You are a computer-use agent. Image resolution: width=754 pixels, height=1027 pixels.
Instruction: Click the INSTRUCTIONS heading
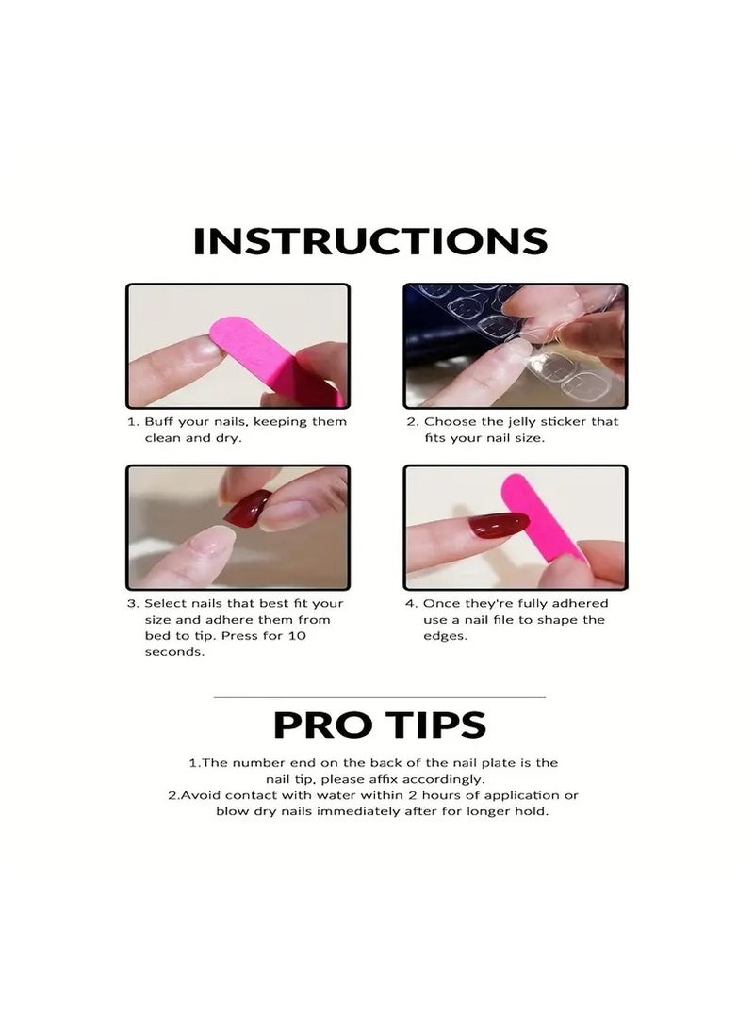[x=370, y=241]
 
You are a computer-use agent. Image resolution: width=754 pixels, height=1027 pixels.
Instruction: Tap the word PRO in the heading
[x=318, y=725]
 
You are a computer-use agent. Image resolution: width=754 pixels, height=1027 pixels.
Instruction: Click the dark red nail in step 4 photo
[x=500, y=525]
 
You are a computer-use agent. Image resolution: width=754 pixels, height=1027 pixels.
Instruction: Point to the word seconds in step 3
[x=174, y=653]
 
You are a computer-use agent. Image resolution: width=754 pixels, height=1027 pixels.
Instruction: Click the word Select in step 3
[x=165, y=604]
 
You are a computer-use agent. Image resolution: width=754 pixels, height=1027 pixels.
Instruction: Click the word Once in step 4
[x=440, y=604]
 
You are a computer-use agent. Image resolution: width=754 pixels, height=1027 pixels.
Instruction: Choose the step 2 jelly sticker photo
[x=516, y=345]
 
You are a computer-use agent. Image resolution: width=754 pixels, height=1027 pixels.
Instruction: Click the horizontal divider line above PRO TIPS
[x=380, y=697]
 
